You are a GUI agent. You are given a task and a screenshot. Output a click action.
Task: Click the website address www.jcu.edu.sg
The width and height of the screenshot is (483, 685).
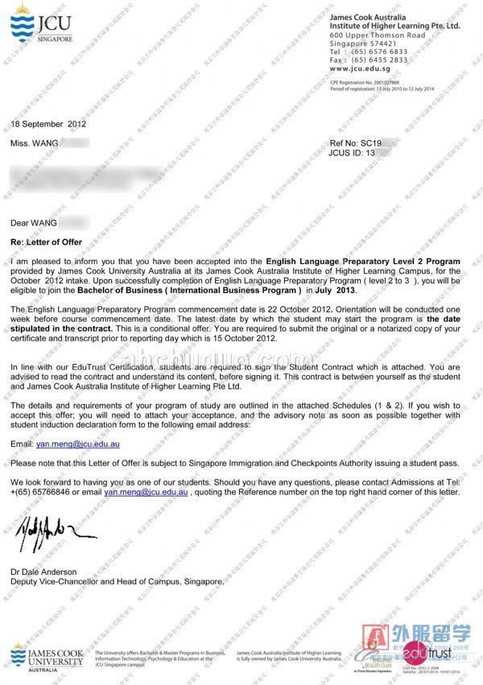[x=354, y=69]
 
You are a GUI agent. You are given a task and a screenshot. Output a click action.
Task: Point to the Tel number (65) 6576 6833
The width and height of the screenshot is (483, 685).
[x=378, y=52]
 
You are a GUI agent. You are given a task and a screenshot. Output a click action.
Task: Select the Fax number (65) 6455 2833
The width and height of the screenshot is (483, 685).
[x=378, y=60]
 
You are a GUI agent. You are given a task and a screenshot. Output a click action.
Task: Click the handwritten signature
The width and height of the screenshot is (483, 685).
[x=57, y=528]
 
